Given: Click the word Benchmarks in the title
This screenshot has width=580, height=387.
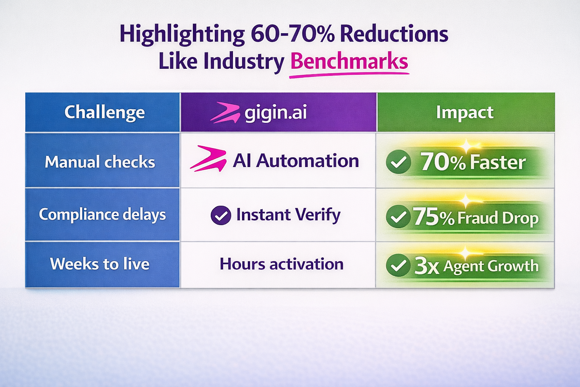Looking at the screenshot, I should [x=349, y=61].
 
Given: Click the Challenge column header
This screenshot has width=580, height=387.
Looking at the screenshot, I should [x=105, y=112].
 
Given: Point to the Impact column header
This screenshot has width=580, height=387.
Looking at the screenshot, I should [x=464, y=112].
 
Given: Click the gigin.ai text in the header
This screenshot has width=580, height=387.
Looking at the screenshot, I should [x=276, y=113].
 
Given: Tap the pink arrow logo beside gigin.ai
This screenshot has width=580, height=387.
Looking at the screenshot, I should [x=225, y=113].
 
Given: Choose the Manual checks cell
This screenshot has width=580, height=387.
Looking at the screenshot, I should [x=100, y=162].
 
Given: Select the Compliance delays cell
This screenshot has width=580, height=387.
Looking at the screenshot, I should [x=102, y=214].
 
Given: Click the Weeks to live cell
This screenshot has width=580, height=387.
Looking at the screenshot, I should [x=100, y=264].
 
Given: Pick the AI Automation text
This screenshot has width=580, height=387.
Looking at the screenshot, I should [x=296, y=161].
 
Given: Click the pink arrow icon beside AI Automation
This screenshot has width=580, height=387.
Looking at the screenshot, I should [x=208, y=159].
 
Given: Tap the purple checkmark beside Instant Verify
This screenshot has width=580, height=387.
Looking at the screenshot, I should [x=221, y=215].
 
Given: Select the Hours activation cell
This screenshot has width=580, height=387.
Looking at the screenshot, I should [x=282, y=264].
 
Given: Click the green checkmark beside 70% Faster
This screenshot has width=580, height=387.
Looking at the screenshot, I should [x=398, y=162].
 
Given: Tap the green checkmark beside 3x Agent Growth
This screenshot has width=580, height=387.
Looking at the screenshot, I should [x=398, y=265].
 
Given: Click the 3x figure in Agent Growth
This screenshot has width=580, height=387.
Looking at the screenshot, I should [x=427, y=266].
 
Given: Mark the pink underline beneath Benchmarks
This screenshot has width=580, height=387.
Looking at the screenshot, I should [x=349, y=75].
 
